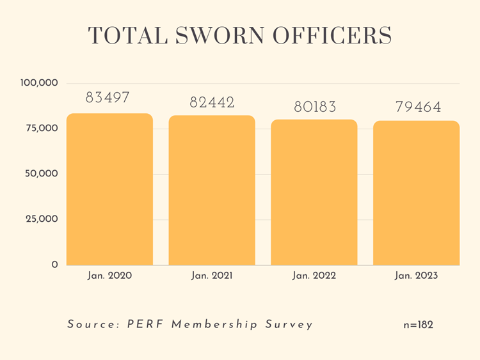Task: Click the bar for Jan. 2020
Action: coord(109,189)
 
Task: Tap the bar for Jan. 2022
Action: coord(314,192)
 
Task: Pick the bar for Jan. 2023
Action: coord(416,192)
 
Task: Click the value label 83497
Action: coord(108,98)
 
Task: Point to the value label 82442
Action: coord(212,102)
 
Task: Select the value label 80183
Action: coord(315,107)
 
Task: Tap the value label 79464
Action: coord(418,107)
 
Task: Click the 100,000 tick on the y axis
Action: coord(40,83)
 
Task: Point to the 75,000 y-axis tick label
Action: coord(42,129)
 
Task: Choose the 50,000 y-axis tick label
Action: coord(42,174)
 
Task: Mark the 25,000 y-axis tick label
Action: coord(42,219)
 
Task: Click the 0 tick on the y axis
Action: coord(54,265)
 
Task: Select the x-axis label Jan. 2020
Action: coord(109,276)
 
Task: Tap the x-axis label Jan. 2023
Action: coord(417,276)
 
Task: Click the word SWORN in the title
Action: coord(214,36)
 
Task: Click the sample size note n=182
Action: coord(418,325)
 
